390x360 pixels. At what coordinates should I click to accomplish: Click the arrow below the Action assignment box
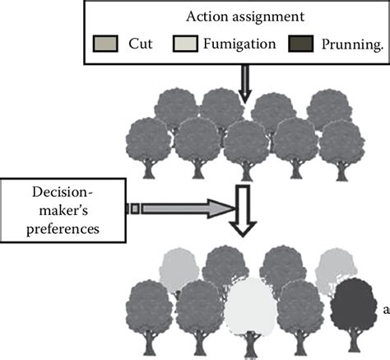click(x=244, y=82)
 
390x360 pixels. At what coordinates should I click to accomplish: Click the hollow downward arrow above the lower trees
click(x=245, y=211)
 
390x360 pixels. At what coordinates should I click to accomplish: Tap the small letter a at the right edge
click(x=385, y=310)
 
